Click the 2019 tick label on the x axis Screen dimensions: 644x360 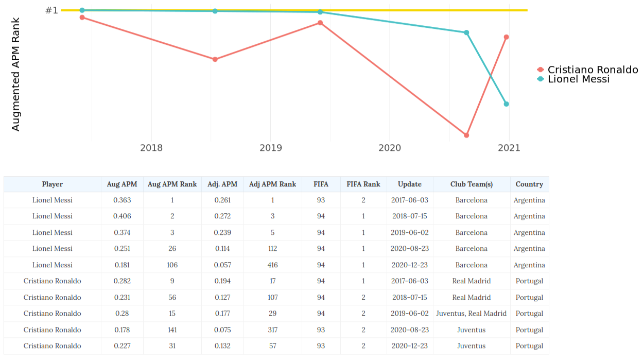click(x=271, y=148)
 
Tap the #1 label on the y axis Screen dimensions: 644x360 click(x=52, y=10)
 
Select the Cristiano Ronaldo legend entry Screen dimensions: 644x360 click(x=588, y=70)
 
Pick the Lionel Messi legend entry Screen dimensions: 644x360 click(x=573, y=79)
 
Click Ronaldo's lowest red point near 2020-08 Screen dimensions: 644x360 click(x=466, y=135)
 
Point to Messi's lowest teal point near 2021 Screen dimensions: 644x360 click(x=506, y=104)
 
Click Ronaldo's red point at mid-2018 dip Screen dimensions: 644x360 click(x=215, y=59)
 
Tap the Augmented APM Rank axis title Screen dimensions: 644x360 click(x=15, y=74)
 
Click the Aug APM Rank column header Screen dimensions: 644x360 click(x=172, y=184)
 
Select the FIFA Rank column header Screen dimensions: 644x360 click(x=363, y=184)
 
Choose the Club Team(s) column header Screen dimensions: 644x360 click(x=472, y=184)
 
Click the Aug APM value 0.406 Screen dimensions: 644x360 click(x=122, y=216)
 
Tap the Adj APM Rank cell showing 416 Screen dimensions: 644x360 click(x=272, y=265)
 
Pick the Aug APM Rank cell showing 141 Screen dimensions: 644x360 click(x=172, y=330)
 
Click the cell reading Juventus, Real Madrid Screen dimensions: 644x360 click(x=472, y=314)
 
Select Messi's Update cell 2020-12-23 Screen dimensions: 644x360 click(x=410, y=265)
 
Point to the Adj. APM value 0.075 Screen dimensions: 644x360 click(x=222, y=330)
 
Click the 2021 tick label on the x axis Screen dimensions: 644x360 click(x=509, y=148)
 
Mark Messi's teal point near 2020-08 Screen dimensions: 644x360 click(x=466, y=32)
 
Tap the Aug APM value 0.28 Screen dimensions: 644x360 click(x=122, y=314)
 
